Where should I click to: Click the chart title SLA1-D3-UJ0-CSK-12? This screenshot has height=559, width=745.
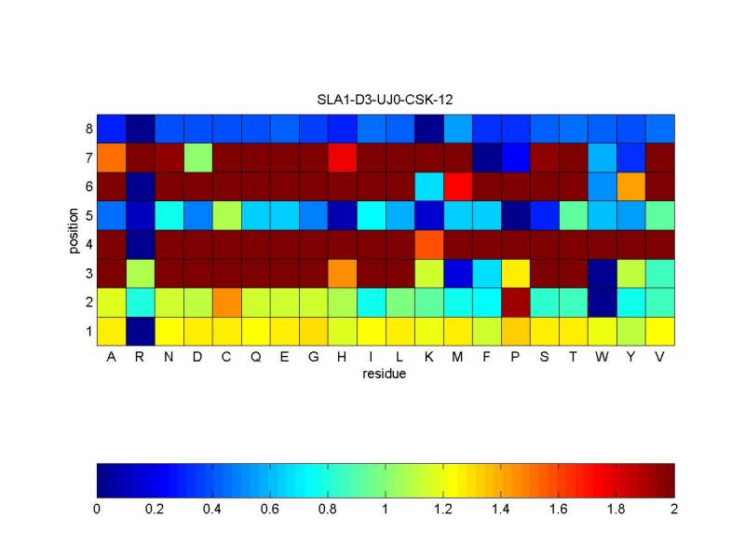tap(386, 99)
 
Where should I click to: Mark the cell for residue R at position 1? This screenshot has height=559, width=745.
tap(140, 330)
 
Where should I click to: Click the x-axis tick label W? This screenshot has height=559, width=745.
tap(603, 357)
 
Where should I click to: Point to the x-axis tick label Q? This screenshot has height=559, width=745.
tap(255, 357)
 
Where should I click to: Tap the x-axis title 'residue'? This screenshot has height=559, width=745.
tap(386, 375)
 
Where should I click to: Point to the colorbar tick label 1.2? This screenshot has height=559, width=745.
tap(443, 510)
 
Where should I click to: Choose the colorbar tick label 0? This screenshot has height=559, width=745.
tap(97, 510)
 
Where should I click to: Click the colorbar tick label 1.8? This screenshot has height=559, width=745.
tap(616, 510)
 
